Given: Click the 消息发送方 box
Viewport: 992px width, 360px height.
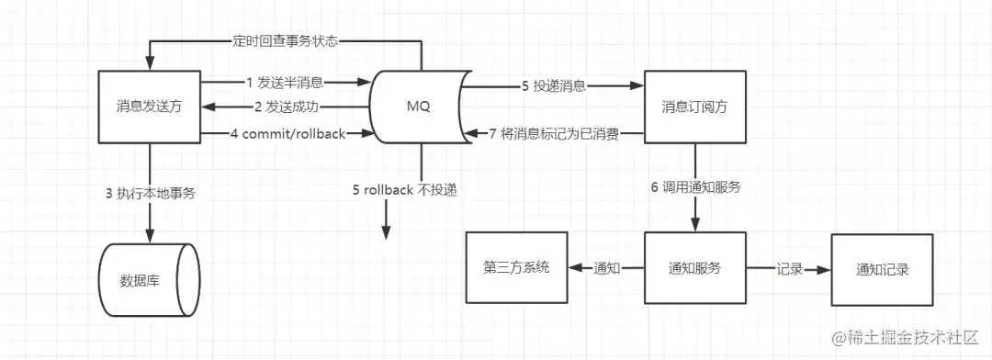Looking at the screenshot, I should pos(149,107).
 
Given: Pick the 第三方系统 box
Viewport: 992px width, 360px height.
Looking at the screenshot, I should pos(516,268).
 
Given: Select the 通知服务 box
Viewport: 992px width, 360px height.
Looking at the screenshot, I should pos(693,268).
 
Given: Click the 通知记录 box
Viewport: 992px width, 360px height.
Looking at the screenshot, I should pos(883,269).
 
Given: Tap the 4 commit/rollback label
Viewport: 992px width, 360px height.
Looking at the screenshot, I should pos(287,134).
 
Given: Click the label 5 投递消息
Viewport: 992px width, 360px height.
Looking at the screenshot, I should pos(554,87).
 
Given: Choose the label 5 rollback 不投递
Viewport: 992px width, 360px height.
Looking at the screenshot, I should pos(404,190).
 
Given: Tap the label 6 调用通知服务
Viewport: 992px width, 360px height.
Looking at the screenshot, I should pos(695,187).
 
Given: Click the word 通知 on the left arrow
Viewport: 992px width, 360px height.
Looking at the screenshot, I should pos(607,268).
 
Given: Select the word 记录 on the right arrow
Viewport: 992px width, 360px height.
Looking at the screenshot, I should pos(790,269).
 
